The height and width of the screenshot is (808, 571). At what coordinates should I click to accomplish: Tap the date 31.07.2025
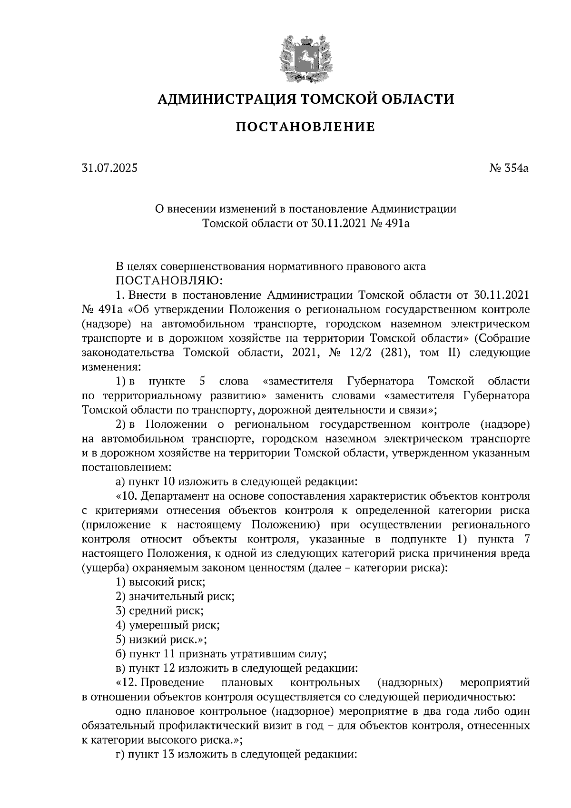(109, 168)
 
